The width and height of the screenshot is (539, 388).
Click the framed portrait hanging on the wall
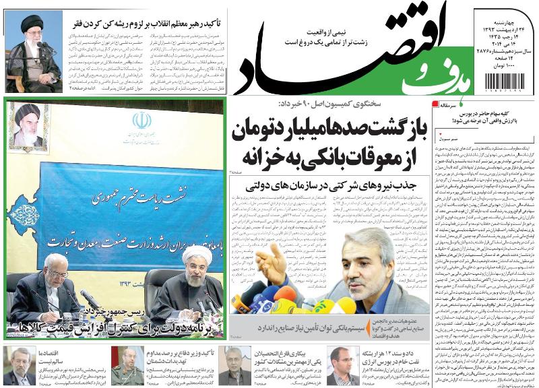click(x=30, y=126)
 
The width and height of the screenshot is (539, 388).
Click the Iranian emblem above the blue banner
click(x=141, y=121)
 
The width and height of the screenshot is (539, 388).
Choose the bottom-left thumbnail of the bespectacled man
click(x=18, y=365)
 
